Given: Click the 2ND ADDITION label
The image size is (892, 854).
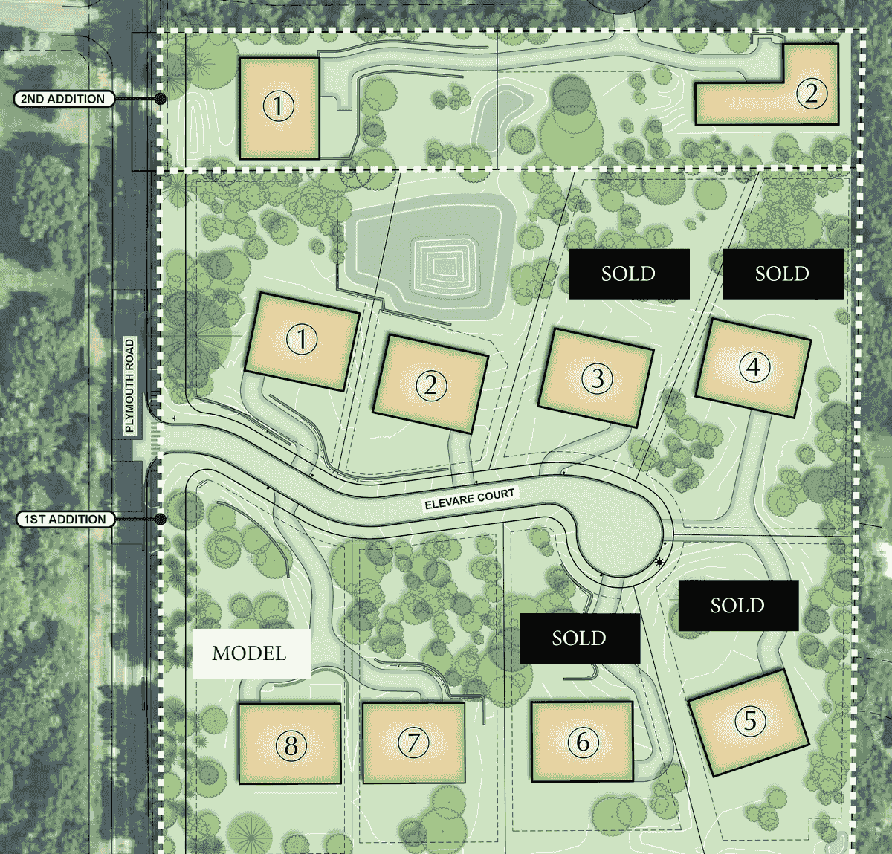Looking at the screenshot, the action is pyautogui.click(x=63, y=99).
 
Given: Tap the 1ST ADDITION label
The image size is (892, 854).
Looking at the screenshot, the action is pyautogui.click(x=65, y=520).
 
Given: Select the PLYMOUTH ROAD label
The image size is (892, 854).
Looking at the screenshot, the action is pyautogui.click(x=130, y=386).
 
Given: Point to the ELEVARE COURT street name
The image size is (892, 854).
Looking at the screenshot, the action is pyautogui.click(x=469, y=499).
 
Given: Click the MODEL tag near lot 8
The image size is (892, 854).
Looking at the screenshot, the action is pyautogui.click(x=251, y=653).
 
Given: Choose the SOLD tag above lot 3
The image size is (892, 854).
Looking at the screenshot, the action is pyautogui.click(x=629, y=274).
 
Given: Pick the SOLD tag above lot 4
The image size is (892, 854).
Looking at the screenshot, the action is pyautogui.click(x=783, y=274).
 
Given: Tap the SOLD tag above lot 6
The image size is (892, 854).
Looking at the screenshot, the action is pyautogui.click(x=579, y=638).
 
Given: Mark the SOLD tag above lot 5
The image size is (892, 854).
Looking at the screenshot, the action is pyautogui.click(x=737, y=606).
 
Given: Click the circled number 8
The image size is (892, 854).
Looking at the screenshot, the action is pyautogui.click(x=291, y=745).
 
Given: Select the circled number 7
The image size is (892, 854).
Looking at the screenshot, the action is pyautogui.click(x=413, y=742).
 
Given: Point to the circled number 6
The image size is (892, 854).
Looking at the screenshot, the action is pyautogui.click(x=583, y=741).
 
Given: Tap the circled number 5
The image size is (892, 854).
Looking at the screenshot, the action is pyautogui.click(x=750, y=719).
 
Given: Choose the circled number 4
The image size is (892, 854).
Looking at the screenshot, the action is pyautogui.click(x=754, y=366).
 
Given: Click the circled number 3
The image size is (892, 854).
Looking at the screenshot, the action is pyautogui.click(x=597, y=378).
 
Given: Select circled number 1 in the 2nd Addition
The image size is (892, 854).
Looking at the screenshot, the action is pyautogui.click(x=278, y=106).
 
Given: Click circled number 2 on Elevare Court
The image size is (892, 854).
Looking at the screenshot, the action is pyautogui.click(x=430, y=384).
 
